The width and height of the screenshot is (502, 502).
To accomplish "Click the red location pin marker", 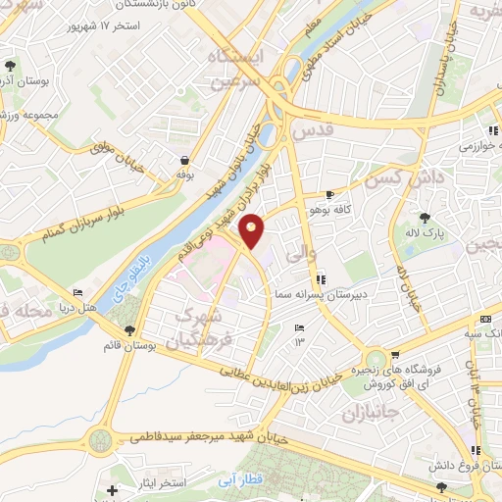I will point(253,230).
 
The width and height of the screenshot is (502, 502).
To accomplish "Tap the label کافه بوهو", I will point(360,209).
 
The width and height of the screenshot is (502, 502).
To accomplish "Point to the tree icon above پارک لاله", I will point(425,218).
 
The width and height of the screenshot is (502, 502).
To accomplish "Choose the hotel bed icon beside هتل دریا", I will point(78,293).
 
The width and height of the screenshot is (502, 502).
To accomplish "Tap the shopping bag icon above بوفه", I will point(184,160).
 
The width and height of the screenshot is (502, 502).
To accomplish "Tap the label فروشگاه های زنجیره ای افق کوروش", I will point(401,374).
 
